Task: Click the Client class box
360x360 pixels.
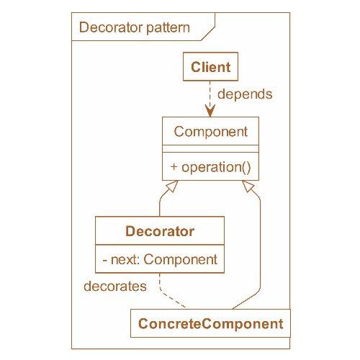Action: tap(210, 66)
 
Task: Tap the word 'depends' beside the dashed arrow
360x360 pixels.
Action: tap(245, 94)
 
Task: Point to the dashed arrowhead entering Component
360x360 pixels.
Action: tap(210, 111)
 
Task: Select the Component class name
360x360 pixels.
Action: tap(211, 132)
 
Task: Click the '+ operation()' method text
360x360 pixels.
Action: tap(210, 167)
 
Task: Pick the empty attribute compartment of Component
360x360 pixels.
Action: tap(210, 148)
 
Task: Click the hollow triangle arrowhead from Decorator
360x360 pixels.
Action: tap(172, 186)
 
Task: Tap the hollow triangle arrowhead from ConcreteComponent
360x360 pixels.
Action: tap(248, 186)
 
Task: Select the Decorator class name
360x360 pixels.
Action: tap(160, 231)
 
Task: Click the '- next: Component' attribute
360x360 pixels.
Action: tap(160, 259)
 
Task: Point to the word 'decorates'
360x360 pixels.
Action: tap(115, 286)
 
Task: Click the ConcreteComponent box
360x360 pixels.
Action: tap(210, 323)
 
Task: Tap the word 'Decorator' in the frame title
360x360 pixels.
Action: tap(111, 27)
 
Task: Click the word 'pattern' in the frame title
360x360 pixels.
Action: tap(168, 28)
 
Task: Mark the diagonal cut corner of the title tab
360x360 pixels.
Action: tap(208, 34)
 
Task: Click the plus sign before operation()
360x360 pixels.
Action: tap(174, 166)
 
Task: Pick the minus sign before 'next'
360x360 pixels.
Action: tap(104, 261)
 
